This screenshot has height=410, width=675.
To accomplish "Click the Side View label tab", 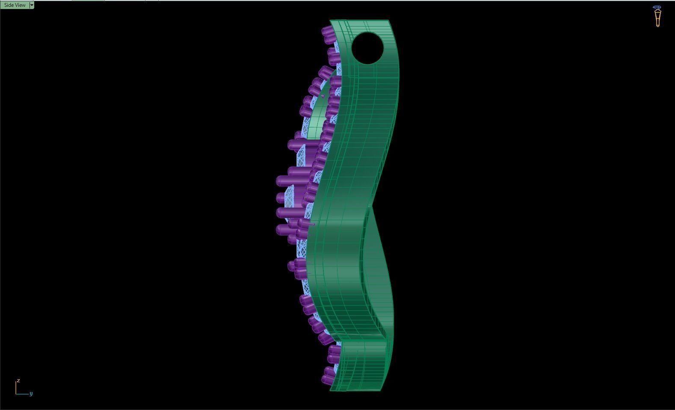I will point(15,5).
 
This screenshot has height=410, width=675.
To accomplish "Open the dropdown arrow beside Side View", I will point(31,5).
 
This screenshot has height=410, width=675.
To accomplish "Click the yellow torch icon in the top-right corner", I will point(657,18).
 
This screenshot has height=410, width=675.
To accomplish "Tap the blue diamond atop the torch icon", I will point(657,8).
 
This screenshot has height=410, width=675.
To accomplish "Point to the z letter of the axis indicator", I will point(18,381).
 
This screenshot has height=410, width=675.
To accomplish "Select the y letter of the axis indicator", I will point(31,393).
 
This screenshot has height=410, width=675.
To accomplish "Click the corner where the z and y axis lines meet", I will point(16,394).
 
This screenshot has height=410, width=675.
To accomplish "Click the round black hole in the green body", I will point(367,48).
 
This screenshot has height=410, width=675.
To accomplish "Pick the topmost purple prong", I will point(327,31).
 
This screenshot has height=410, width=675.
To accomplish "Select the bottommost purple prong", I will point(327,379).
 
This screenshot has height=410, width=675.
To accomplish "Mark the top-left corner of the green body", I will point(330,21).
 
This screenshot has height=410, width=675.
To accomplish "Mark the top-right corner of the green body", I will point(388,21).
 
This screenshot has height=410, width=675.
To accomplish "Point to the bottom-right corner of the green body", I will point(381,389).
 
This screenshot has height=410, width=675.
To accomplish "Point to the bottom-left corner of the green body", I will point(331,389).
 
